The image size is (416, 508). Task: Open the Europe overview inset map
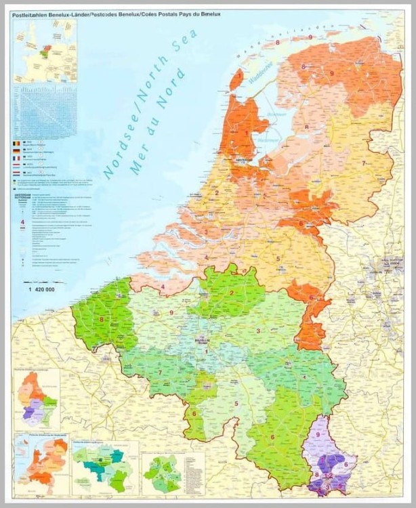click(45, 51)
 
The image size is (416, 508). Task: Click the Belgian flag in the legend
click(17, 144)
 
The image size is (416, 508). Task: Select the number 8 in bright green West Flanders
click(102, 319)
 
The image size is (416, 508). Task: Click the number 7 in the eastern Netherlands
click(364, 163)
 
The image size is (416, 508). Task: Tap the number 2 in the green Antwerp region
click(232, 293)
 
